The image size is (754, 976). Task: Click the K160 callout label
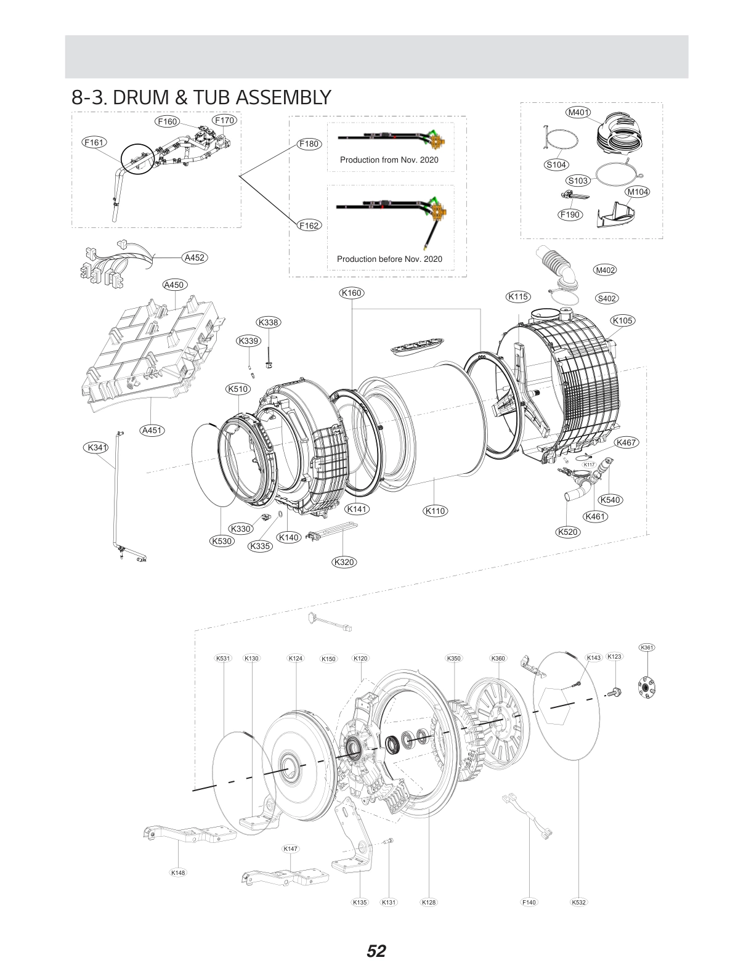coord(351,293)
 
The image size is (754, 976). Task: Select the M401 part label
coord(577,113)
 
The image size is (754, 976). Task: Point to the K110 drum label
coord(435,511)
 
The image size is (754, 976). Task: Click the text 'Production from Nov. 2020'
coord(389,160)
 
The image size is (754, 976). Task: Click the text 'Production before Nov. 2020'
coord(389,259)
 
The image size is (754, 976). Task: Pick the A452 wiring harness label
coord(195,258)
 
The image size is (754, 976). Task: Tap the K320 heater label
coord(344,562)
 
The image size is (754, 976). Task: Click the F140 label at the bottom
coord(529,902)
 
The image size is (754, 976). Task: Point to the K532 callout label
coord(579,902)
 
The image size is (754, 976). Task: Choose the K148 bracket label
coord(177,872)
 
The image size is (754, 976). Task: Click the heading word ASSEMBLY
coord(283,97)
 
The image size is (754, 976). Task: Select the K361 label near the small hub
coord(647,648)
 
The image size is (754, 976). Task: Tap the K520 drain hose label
coord(567,532)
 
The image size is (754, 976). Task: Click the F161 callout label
coord(94,142)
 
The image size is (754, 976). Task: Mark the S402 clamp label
coord(607,298)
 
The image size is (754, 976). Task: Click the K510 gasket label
coord(237,389)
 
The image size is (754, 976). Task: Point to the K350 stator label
coord(453,659)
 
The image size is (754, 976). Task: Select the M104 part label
coord(637,192)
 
